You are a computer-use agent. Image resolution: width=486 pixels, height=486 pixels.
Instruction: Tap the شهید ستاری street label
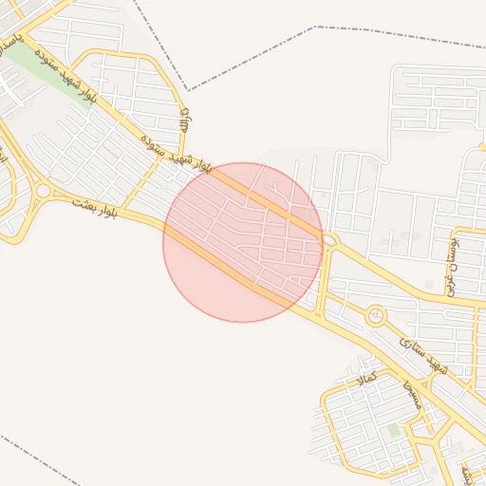pyautogui.click(x=422, y=352)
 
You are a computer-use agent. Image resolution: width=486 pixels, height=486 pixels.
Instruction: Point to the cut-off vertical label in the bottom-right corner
pyautogui.click(x=465, y=469)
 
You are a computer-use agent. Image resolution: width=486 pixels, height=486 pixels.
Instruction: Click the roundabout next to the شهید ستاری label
pyautogui.click(x=377, y=314)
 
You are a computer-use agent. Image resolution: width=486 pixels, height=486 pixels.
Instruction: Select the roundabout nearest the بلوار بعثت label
pyautogui.click(x=43, y=191)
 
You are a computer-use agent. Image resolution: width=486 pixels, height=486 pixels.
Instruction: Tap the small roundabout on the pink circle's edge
pyautogui.click(x=329, y=241)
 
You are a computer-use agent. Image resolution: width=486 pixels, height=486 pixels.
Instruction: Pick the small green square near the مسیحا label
pyautogui.click(x=394, y=431)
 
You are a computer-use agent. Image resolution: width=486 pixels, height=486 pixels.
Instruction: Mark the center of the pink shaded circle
pyautogui.click(x=243, y=242)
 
